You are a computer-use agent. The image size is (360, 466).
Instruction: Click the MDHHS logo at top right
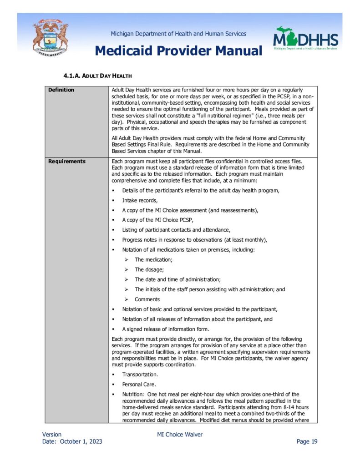point(305,39)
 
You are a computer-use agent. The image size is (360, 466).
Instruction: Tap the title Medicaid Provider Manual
point(178,51)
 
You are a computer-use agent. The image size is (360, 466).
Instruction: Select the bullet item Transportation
point(140,375)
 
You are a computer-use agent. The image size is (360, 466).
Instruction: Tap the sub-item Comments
point(147,299)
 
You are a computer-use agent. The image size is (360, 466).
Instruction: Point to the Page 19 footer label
point(307,441)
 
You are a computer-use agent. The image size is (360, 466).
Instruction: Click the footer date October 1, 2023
point(81,441)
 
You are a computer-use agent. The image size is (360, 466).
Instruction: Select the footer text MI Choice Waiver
point(180,435)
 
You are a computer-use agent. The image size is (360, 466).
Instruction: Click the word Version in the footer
point(52,435)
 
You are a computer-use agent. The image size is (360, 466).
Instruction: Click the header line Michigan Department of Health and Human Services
point(178,34)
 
